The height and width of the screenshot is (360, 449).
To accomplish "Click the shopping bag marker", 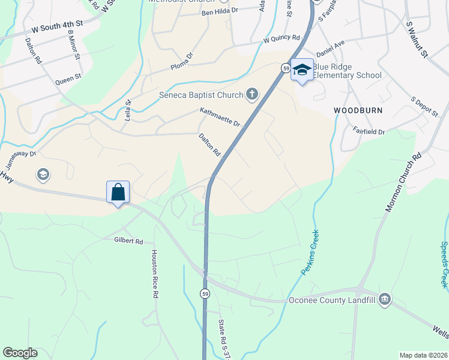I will [118, 193].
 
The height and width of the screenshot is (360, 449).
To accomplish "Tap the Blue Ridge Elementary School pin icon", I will [302, 70].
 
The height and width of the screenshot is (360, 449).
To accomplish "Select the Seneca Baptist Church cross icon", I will [252, 94].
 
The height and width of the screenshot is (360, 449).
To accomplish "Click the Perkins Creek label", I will [310, 253].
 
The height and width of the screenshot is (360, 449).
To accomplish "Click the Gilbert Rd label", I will [128, 241].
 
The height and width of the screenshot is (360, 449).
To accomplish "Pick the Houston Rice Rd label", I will [154, 274].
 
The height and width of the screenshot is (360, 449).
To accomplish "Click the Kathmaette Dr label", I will [220, 116].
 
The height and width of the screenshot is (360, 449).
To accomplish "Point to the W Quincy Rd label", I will [282, 39].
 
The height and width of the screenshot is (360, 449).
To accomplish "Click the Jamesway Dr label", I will [21, 159].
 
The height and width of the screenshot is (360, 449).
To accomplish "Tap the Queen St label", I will [67, 79].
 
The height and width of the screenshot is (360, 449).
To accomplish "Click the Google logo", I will [20, 353].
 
